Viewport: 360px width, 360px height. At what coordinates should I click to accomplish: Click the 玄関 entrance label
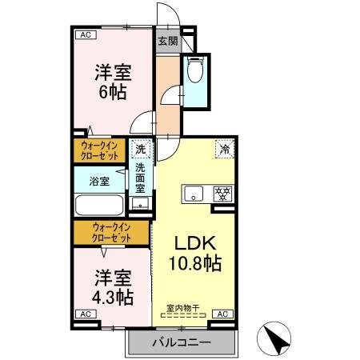167,40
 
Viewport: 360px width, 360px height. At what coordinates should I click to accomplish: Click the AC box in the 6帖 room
83,35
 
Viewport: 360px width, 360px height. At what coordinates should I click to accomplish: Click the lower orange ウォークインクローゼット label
110,233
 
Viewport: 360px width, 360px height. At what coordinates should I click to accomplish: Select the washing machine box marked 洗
141,149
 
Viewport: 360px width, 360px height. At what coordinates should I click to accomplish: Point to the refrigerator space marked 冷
225,148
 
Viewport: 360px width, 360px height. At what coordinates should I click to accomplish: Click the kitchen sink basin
195,194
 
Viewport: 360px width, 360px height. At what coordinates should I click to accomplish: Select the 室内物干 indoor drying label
184,308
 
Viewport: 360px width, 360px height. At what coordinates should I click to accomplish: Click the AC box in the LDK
222,314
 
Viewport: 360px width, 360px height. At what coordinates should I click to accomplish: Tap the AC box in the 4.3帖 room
83,314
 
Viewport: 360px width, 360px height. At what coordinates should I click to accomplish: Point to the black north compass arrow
277,339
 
